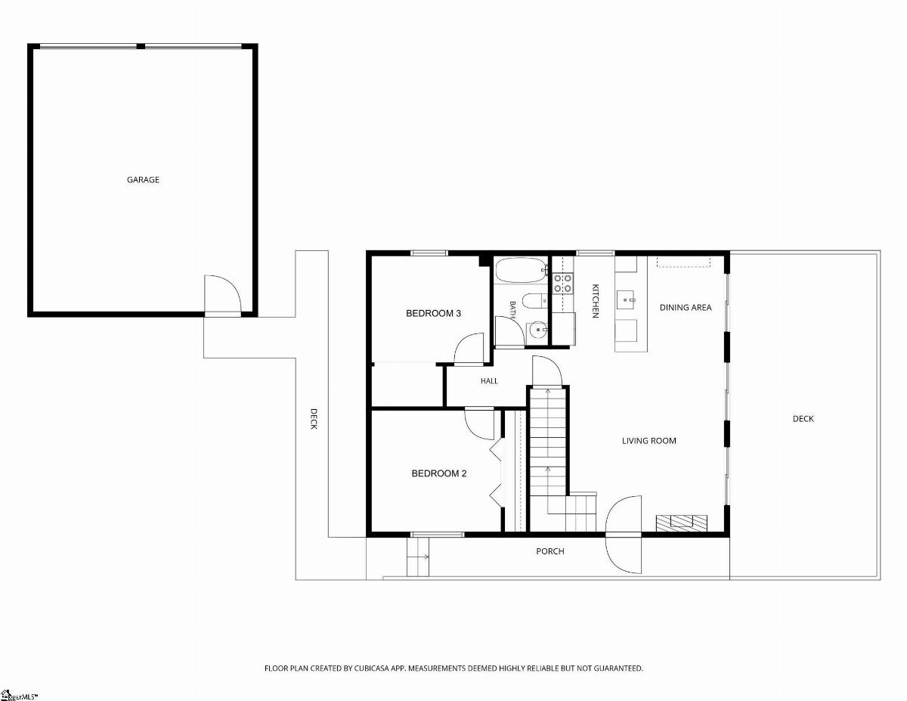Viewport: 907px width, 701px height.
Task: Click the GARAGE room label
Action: pyautogui.click(x=143, y=179)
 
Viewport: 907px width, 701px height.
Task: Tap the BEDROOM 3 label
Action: pyautogui.click(x=433, y=313)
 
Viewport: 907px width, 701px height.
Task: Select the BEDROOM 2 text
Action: pyautogui.click(x=438, y=473)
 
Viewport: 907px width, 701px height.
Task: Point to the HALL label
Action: pyautogui.click(x=489, y=381)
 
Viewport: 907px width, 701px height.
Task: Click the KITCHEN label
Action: pyautogui.click(x=596, y=301)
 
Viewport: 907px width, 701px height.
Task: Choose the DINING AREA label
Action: pyautogui.click(x=686, y=308)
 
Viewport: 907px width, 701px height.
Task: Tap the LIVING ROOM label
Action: pyautogui.click(x=649, y=440)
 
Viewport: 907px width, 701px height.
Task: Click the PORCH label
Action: pyautogui.click(x=550, y=551)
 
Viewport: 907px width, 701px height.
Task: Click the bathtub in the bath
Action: pyautogui.click(x=521, y=270)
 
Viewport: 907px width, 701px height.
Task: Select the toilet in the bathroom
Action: pyautogui.click(x=534, y=301)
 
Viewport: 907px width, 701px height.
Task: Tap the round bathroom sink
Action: pyautogui.click(x=537, y=330)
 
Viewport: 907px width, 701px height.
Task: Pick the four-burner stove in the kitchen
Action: pyautogui.click(x=562, y=283)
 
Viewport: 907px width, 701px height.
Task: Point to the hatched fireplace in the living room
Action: pyautogui.click(x=681, y=523)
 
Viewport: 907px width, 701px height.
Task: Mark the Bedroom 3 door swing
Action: pyautogui.click(x=469, y=349)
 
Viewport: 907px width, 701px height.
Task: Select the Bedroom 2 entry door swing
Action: pyautogui.click(x=480, y=423)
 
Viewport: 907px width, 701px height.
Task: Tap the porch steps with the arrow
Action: pyautogui.click(x=418, y=557)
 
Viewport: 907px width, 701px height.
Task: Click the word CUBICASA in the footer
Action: pyautogui.click(x=373, y=668)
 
